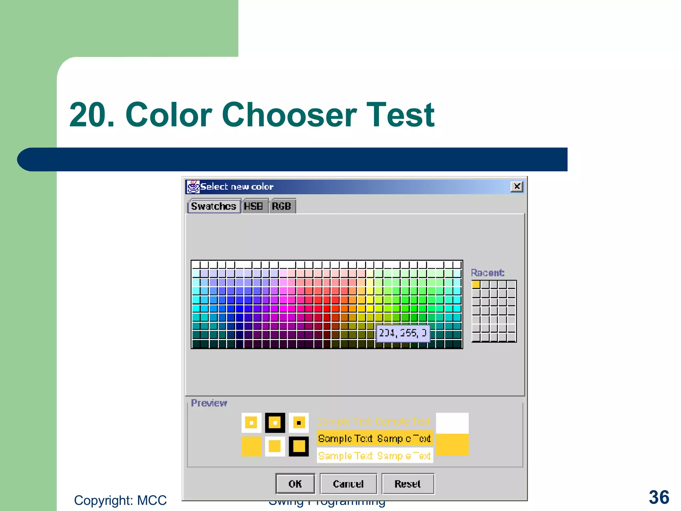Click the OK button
[x=295, y=484]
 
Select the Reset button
[x=408, y=484]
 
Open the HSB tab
[x=253, y=206]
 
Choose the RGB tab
[x=281, y=206]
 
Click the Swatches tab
[x=214, y=206]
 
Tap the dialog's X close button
[x=517, y=187]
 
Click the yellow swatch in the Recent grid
[x=476, y=284]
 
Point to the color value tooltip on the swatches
[x=403, y=333]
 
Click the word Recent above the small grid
[x=487, y=273]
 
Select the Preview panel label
[x=209, y=403]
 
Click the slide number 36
[x=659, y=497]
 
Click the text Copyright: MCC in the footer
[x=120, y=500]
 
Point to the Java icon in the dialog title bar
[x=193, y=187]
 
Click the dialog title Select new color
[x=237, y=187]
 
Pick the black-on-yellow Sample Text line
[x=374, y=439]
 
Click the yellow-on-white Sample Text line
[x=374, y=456]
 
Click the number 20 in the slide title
[x=88, y=115]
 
